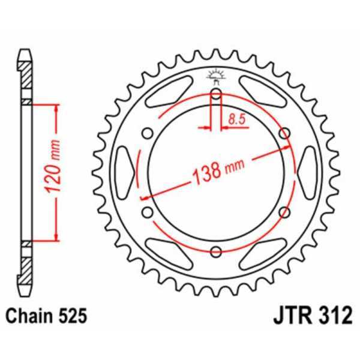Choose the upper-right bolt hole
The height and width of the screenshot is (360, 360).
(284, 133)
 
